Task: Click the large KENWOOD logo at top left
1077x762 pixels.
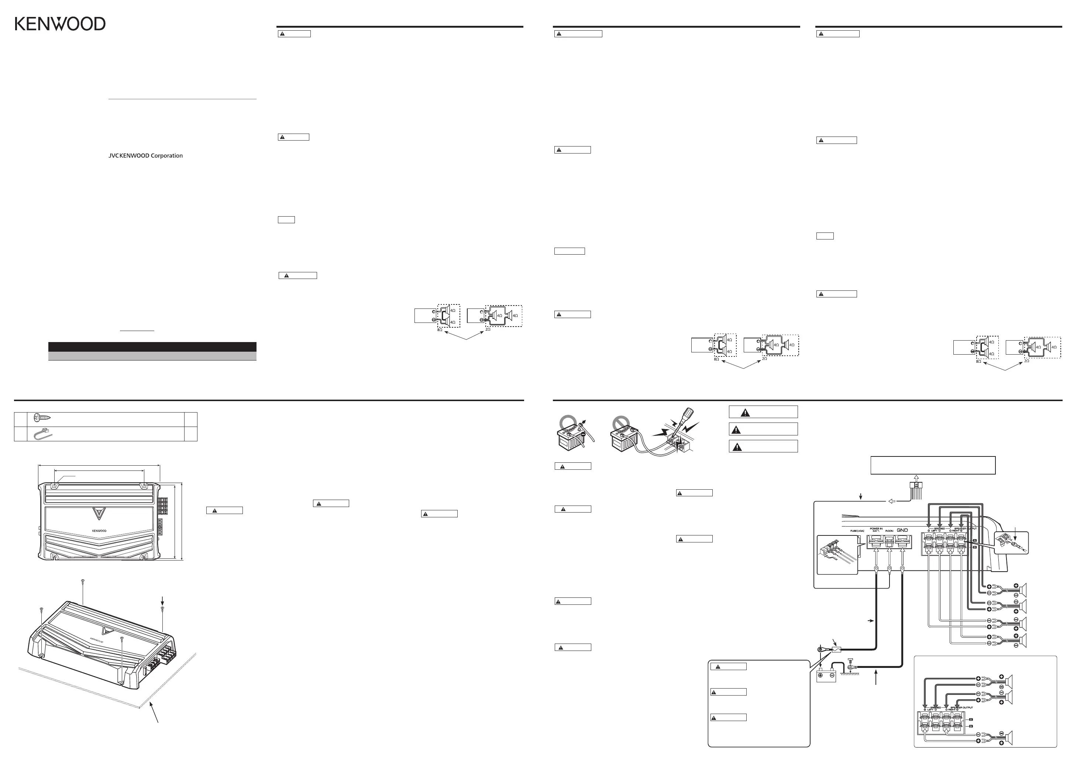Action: [60, 24]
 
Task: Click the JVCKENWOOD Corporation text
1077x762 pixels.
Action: [145, 156]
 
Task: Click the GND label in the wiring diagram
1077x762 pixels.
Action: [902, 530]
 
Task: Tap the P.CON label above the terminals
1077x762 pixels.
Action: [889, 531]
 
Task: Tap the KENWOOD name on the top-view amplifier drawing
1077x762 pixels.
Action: [99, 531]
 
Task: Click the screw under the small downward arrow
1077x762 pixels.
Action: [163, 608]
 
